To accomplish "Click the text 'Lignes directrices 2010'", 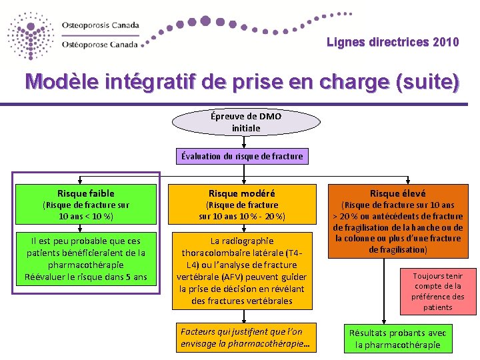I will click(x=393, y=43).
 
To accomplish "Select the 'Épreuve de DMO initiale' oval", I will click(x=246, y=122).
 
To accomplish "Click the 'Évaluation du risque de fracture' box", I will click(x=242, y=156).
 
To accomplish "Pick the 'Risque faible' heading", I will click(x=85, y=193).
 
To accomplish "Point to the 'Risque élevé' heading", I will click(x=398, y=193).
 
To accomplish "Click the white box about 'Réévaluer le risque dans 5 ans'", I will click(x=85, y=258).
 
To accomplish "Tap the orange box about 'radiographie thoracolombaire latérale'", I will click(x=242, y=270).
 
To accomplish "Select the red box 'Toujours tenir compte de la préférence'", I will click(x=437, y=291).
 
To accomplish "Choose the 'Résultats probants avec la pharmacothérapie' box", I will click(x=398, y=339).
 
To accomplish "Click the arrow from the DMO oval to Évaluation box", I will click(x=243, y=141).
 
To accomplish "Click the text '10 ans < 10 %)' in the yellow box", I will click(x=86, y=217).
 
